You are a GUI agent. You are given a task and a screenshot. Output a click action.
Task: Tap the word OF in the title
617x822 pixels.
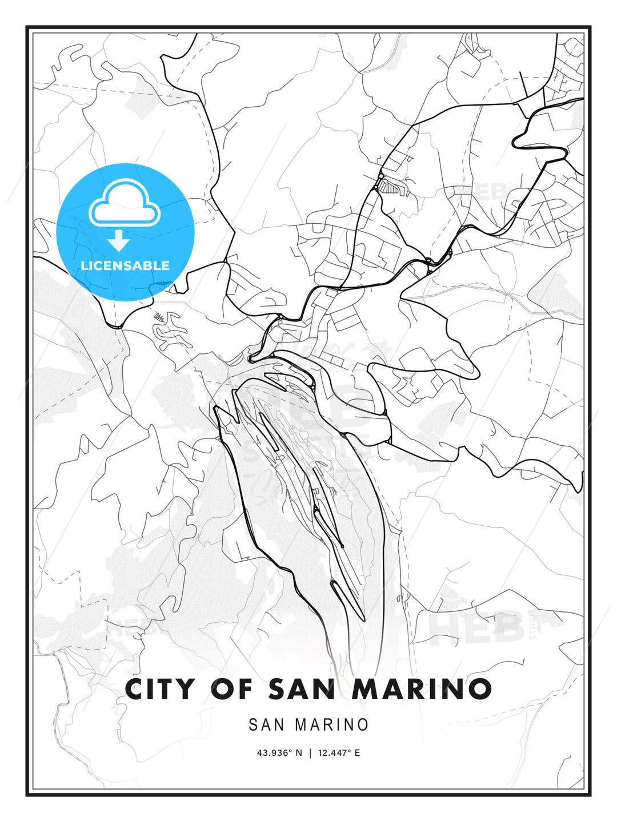pyautogui.click(x=232, y=689)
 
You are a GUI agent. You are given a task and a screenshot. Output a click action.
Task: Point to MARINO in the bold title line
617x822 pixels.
pyautogui.click(x=422, y=689)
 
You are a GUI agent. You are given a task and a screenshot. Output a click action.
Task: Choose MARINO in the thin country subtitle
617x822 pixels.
pyautogui.click(x=331, y=725)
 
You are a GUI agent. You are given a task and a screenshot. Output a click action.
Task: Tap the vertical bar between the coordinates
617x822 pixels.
pyautogui.click(x=310, y=753)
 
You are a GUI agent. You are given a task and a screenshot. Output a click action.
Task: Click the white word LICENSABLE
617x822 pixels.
pyautogui.click(x=125, y=265)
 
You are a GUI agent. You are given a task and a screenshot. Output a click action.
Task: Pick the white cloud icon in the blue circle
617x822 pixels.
pyautogui.click(x=125, y=203)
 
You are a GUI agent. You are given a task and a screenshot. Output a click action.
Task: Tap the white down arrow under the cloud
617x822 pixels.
pyautogui.click(x=119, y=241)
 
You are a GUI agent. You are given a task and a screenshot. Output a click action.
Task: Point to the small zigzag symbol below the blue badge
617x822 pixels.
pyautogui.click(x=159, y=316)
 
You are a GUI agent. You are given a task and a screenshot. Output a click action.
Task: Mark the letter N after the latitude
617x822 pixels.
pyautogui.click(x=298, y=753)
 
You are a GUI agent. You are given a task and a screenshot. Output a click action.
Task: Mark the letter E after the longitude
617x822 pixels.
pyautogui.click(x=357, y=753)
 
